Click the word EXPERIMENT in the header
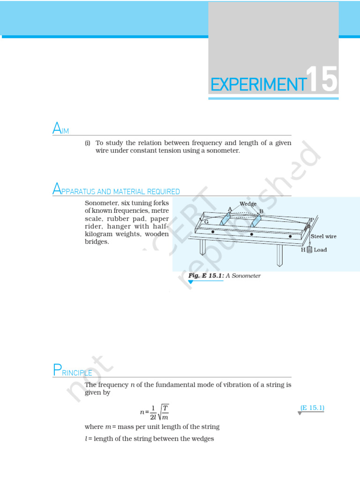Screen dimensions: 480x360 click(257, 84)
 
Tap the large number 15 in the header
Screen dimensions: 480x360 click(322, 80)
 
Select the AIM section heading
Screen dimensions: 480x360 click(61, 128)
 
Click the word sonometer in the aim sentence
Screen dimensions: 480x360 click(220, 151)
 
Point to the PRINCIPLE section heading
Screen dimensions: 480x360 click(72, 371)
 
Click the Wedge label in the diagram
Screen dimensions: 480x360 click(247, 204)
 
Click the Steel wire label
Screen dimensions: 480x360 click(323, 237)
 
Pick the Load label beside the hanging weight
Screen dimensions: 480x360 click(320, 250)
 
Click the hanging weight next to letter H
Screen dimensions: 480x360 click(309, 250)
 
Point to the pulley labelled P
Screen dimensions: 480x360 click(309, 226)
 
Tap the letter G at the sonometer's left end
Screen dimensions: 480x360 click(206, 222)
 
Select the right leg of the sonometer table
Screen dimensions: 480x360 click(279, 255)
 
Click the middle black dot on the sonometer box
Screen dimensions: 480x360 click(252, 234)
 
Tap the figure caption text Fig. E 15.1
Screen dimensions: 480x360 click(206, 276)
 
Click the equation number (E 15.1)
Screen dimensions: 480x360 click(312, 408)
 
